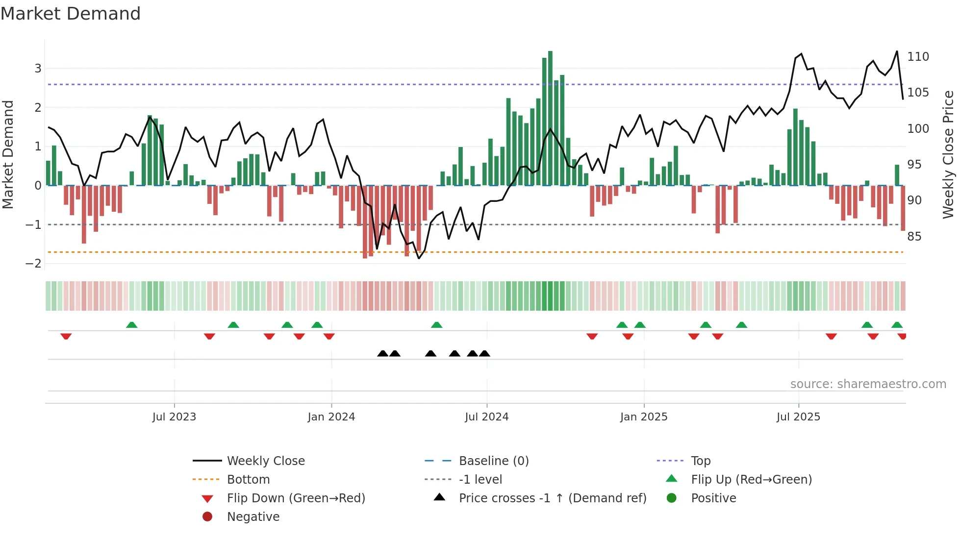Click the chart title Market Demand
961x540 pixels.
point(71,14)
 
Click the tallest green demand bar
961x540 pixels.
point(550,118)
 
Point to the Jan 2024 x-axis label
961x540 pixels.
point(331,417)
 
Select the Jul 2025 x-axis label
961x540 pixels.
point(798,417)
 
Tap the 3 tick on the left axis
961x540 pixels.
point(38,69)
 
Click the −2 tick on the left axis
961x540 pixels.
point(34,264)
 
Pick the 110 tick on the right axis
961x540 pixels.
point(918,57)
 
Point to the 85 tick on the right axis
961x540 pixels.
point(914,237)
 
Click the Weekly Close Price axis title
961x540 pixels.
point(948,154)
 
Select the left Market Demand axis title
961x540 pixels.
point(8,154)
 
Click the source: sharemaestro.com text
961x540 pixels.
point(868,384)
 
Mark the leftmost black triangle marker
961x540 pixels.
point(383,354)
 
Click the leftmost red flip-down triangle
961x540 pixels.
point(66,336)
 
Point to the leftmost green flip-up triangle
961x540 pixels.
point(132,325)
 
